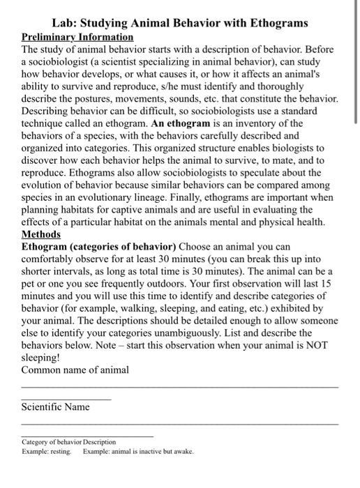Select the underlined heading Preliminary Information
77,37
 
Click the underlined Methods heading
40,234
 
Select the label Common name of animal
75,370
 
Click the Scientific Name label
56,407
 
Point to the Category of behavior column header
52,442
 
